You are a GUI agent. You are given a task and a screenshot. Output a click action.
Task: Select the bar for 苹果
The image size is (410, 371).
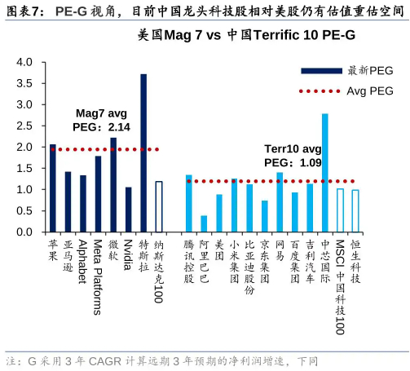53,188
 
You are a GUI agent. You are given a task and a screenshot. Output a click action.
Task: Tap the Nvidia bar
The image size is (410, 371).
128,210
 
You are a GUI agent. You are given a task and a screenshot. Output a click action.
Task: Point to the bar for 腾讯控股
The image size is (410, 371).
189,203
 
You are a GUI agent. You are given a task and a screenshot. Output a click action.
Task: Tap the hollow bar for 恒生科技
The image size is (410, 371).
355,210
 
